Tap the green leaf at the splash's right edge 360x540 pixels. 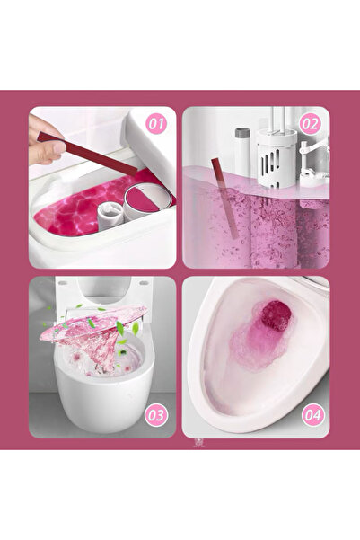point(136,329)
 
